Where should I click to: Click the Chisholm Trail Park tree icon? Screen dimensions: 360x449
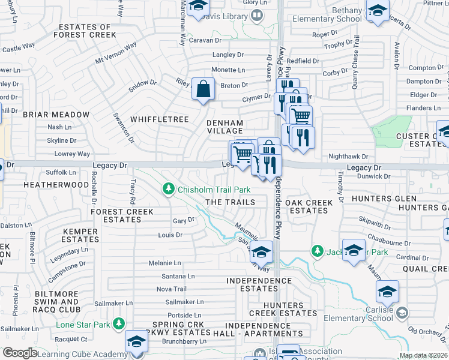[x=169, y=190]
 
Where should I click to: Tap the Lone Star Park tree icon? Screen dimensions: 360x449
[x=119, y=325]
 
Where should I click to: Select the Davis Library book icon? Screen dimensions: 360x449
[x=257, y=15]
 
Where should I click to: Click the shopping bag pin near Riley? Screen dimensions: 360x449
[x=203, y=89]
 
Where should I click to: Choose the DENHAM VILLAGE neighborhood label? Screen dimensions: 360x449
[x=224, y=126]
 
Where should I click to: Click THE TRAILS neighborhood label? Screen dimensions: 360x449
[x=231, y=203]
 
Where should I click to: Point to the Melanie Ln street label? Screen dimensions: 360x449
[x=165, y=263]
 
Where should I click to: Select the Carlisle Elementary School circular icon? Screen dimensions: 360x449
[x=402, y=313]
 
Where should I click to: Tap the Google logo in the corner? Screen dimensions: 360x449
[x=19, y=352]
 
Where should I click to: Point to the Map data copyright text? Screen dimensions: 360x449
[x=423, y=355]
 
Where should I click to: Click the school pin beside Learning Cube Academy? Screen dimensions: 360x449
[x=137, y=342]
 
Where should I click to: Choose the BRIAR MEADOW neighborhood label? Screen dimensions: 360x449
[x=56, y=115]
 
